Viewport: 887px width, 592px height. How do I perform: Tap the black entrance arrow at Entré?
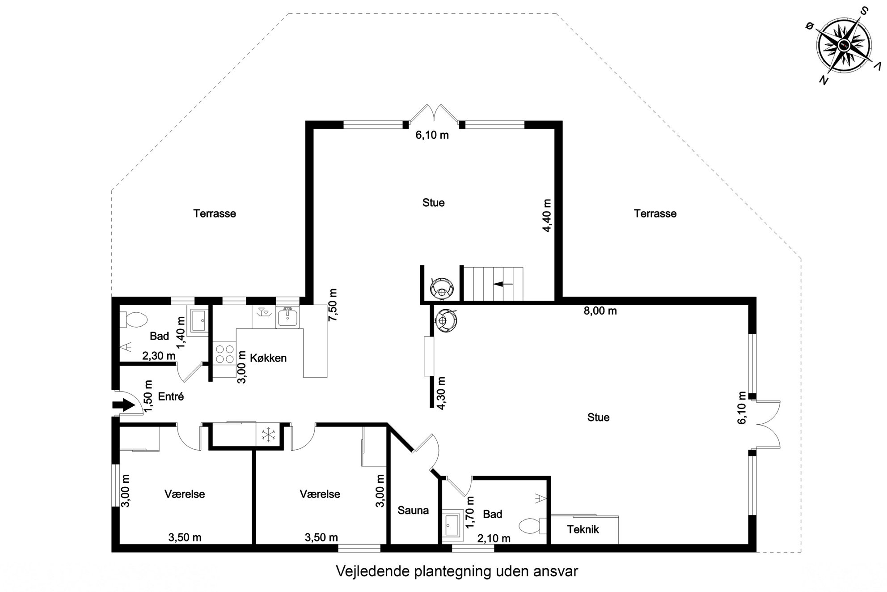pyautogui.click(x=123, y=405)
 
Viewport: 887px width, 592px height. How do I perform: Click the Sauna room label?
pyautogui.click(x=413, y=510)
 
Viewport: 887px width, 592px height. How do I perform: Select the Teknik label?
pyautogui.click(x=583, y=529)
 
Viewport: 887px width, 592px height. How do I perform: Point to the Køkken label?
pyautogui.click(x=268, y=358)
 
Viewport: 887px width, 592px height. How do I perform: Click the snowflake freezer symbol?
pyautogui.click(x=267, y=434)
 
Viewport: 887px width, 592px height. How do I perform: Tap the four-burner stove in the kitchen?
pyautogui.click(x=224, y=353)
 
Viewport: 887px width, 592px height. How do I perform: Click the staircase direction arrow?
pyautogui.click(x=503, y=284)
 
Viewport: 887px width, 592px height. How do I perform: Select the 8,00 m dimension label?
pyautogui.click(x=600, y=311)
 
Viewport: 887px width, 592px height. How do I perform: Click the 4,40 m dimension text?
pyautogui.click(x=547, y=216)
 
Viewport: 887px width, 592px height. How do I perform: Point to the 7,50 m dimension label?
pyautogui.click(x=333, y=305)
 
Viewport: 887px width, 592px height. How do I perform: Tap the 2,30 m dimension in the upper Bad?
pyautogui.click(x=159, y=356)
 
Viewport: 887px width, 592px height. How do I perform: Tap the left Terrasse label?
pyautogui.click(x=215, y=213)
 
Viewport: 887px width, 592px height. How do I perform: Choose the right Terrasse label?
pyautogui.click(x=655, y=213)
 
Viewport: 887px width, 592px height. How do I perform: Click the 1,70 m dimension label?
pyautogui.click(x=469, y=512)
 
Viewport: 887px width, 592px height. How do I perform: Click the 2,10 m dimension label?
pyautogui.click(x=494, y=538)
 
